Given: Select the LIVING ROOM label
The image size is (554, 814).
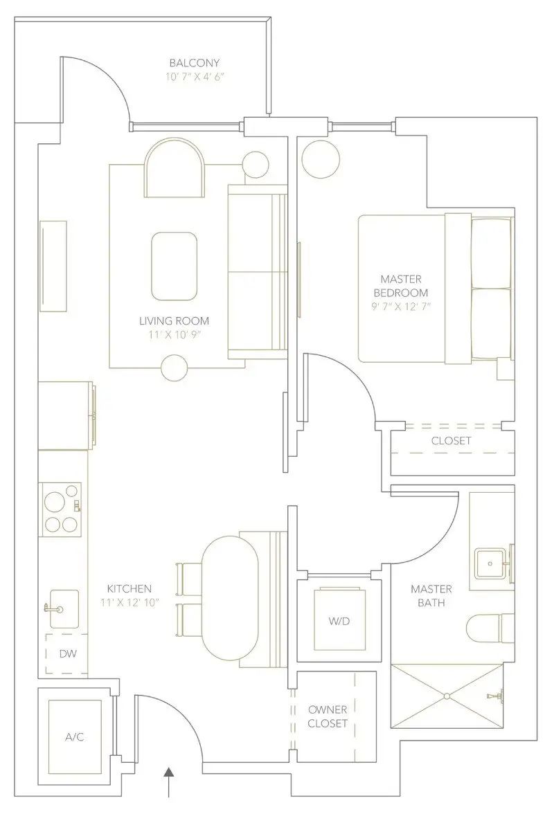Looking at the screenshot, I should point(174,321).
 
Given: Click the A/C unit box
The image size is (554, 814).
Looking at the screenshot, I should point(75,737).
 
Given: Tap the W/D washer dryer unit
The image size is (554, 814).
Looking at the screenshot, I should point(339,620).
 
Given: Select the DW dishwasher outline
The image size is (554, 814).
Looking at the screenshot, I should point(66,653).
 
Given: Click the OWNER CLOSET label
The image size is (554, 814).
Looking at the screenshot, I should point(328,717).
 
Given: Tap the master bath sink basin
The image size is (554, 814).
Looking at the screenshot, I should point(492,563).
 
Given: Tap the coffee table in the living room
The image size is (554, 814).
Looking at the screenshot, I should point(173,266).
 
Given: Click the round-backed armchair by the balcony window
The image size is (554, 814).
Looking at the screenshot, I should point(174,168).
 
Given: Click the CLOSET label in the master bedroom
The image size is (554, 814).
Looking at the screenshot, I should point(451,441).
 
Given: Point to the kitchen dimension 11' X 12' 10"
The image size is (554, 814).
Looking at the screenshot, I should point(129,602).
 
